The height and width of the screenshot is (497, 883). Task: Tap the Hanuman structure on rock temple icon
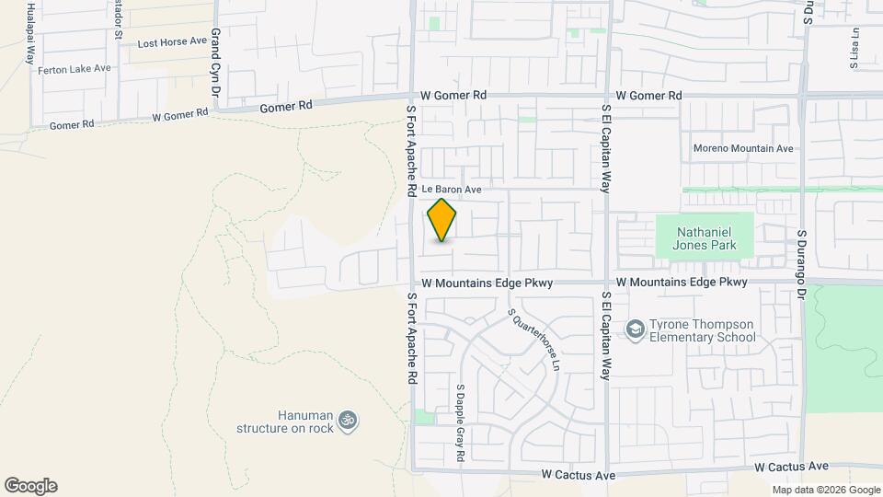(348, 421)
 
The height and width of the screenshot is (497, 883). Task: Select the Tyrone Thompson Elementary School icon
(636, 329)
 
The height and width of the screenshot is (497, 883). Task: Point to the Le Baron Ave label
(453, 190)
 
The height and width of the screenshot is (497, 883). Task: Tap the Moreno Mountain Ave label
(742, 148)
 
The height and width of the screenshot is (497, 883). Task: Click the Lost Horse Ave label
(172, 42)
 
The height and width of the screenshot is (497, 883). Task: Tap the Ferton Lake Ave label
(74, 69)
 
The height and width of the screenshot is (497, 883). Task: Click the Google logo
(30, 486)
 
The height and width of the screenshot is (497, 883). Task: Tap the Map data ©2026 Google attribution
(825, 490)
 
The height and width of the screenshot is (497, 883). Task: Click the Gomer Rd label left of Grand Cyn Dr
(72, 125)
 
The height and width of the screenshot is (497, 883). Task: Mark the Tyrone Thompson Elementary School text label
(703, 331)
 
